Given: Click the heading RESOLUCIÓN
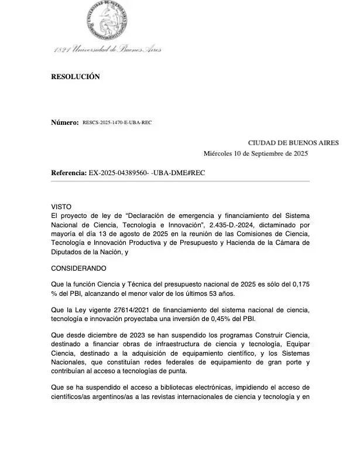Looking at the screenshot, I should click(x=76, y=77).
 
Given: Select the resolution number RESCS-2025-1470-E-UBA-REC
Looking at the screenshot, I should click(x=117, y=122).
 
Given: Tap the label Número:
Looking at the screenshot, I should click(x=65, y=122).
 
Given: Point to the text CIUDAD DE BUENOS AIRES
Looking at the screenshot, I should click(x=293, y=142).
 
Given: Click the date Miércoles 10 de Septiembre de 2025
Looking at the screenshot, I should click(x=256, y=154).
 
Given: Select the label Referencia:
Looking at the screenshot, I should click(x=69, y=173).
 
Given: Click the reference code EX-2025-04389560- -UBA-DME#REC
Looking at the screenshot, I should click(x=147, y=173).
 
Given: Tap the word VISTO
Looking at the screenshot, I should click(x=61, y=207).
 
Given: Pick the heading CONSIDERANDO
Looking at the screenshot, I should click(x=79, y=268).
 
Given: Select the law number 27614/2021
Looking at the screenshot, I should click(x=128, y=309).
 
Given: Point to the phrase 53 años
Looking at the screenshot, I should click(x=212, y=292).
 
